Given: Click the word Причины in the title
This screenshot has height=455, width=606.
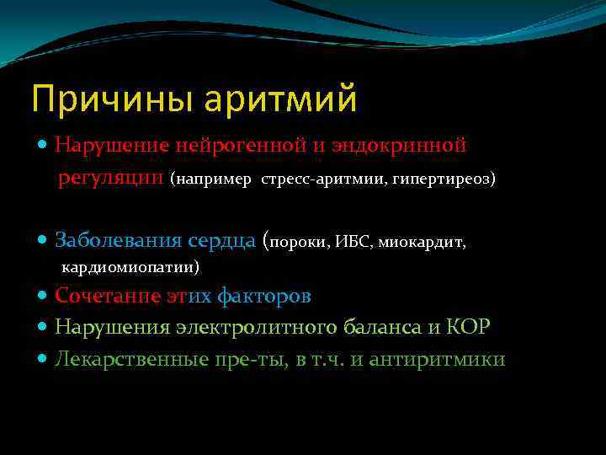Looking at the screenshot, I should tap(98, 99).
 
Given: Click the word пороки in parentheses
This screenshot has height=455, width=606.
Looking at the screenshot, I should tap(300, 243).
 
